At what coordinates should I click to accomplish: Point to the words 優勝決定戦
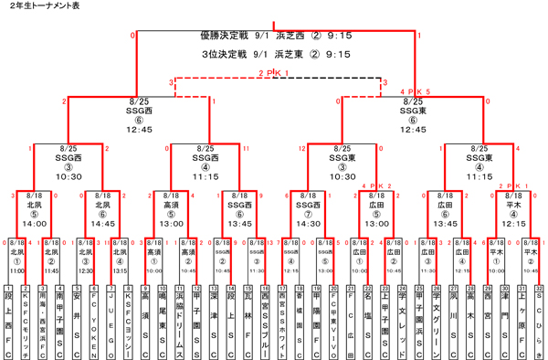tap(228, 36)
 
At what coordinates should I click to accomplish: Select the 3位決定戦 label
tap(228, 54)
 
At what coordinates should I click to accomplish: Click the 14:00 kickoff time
tap(34, 222)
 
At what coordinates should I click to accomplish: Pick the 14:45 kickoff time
tap(102, 222)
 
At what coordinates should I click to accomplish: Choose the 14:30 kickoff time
tap(307, 222)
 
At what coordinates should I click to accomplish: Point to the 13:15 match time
tap(120, 270)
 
